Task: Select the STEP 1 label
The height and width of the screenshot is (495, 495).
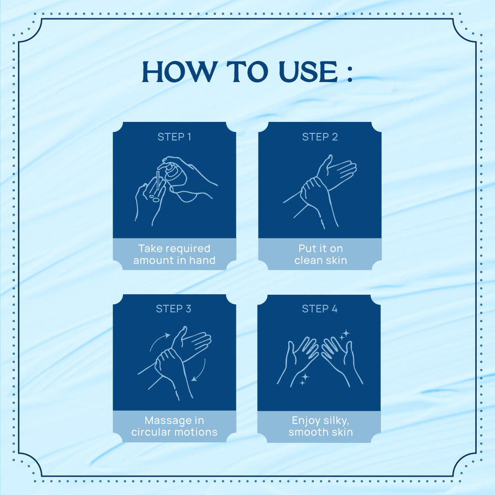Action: coord(174,137)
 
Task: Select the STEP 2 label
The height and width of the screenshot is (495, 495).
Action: coord(320,137)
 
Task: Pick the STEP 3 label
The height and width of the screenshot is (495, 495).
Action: coord(174,309)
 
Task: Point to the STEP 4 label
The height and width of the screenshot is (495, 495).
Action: coord(320,309)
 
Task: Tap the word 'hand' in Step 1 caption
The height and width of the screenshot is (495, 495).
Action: coord(203,261)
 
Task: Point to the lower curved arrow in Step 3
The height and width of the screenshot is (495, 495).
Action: coord(202,372)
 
